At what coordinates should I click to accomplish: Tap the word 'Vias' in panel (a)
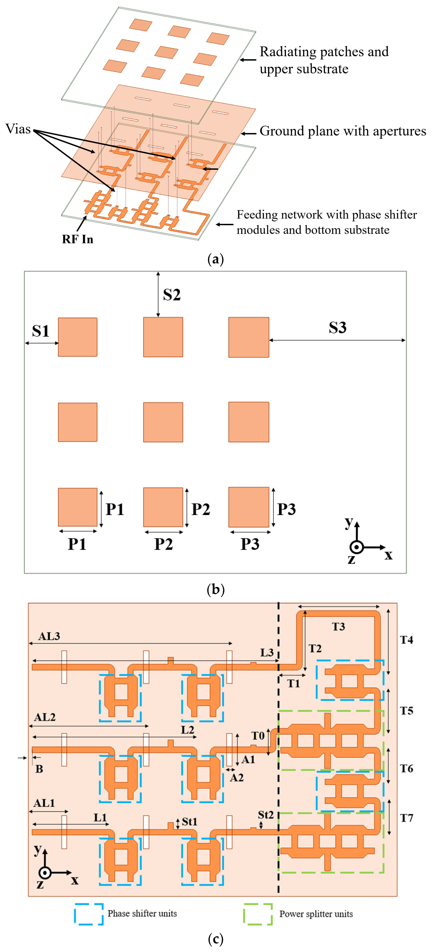pos(18,129)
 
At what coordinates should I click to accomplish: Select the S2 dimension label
pos(172,295)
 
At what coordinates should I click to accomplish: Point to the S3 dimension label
pos(337,327)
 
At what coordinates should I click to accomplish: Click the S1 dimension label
pos(41,331)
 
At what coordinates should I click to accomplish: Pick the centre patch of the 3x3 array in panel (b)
pos(163,422)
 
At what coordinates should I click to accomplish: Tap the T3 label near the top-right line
pos(338,626)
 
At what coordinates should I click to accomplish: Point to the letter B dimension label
pos(39,769)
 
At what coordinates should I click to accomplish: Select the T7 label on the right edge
pos(406,818)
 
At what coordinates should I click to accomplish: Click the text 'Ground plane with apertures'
pos(343,131)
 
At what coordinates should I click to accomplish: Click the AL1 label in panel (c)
pos(44,803)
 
